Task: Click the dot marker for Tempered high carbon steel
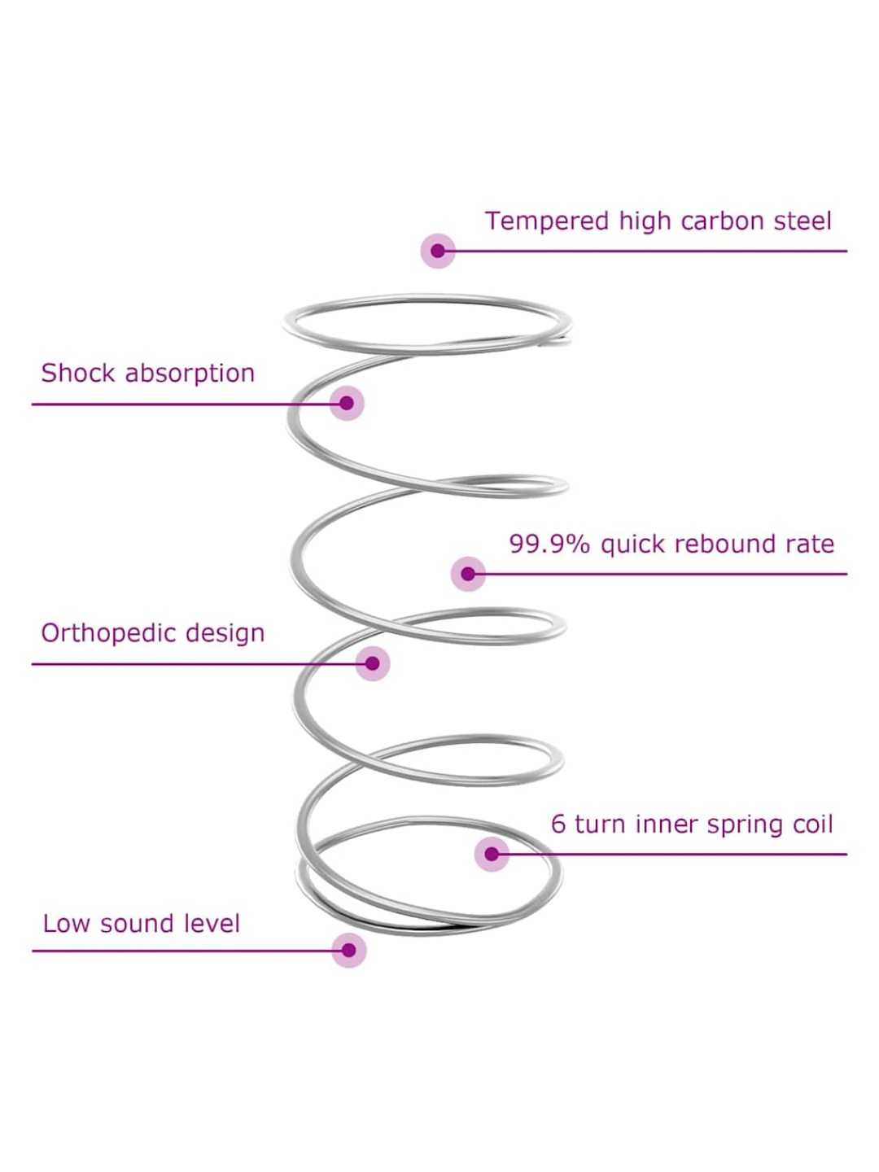438,251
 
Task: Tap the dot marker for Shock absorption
347,403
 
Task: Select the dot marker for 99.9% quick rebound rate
468,574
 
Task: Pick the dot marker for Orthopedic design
373,663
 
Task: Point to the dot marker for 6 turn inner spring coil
492,854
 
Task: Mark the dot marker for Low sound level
349,950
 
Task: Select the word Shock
77,373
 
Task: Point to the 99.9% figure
549,544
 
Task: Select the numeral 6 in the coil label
558,824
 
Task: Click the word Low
66,924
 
